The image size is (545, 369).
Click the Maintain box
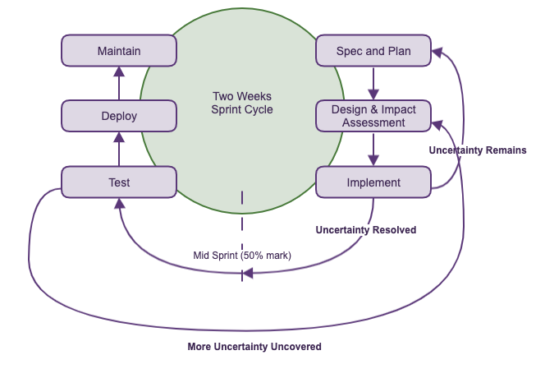[119, 51]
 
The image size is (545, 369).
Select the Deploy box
[119, 116]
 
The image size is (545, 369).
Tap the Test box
[119, 182]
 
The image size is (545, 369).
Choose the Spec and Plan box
[373, 51]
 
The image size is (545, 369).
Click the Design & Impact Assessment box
[373, 116]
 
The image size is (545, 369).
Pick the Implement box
[373, 182]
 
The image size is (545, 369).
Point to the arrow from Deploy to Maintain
[119, 83]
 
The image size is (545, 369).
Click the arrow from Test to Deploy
[119, 149]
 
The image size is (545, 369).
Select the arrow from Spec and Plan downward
[373, 83]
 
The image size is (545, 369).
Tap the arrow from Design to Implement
[373, 149]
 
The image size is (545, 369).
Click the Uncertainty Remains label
[478, 150]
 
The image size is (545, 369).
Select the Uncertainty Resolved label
[366, 230]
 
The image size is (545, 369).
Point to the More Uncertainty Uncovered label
[254, 347]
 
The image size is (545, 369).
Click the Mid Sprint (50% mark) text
[242, 255]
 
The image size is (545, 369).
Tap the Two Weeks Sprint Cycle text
[242, 103]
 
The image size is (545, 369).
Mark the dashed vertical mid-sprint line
[242, 222]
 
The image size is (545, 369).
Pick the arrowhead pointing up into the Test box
[120, 204]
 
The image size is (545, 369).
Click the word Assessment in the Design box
[374, 122]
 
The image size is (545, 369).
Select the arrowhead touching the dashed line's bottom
[247, 273]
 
